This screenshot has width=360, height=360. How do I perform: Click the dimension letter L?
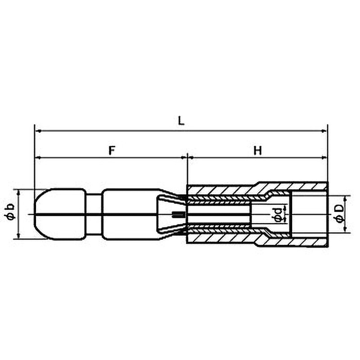click(181, 121)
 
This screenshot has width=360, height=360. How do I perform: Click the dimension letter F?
click(111, 150)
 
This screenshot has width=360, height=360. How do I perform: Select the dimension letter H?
click(258, 151)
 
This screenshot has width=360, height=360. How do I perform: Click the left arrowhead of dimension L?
click(38, 131)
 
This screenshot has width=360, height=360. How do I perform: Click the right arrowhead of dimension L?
click(324, 131)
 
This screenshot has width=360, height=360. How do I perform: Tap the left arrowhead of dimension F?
click(38, 157)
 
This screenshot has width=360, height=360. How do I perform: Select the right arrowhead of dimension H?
click(324, 157)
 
